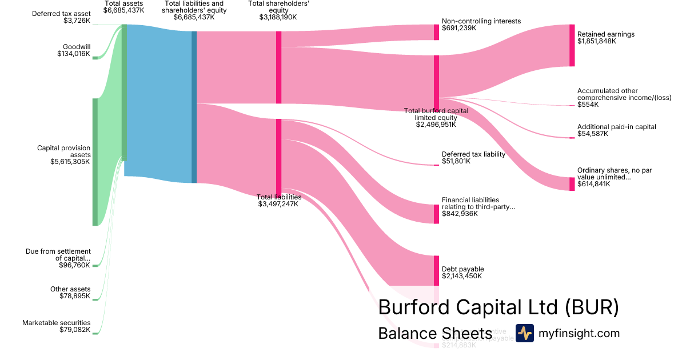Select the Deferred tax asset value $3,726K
[x=77, y=21]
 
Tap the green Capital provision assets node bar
[x=95, y=162]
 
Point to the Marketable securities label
[x=56, y=323]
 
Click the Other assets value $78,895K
[x=75, y=296]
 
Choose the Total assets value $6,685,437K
[x=123, y=10]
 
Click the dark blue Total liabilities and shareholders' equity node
[x=194, y=107]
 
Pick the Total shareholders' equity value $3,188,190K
[x=278, y=17]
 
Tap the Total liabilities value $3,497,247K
[x=278, y=204]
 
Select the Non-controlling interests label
[x=481, y=21]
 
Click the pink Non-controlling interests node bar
[x=436, y=33]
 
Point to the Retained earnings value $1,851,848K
[x=599, y=41]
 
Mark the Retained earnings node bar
[x=572, y=45]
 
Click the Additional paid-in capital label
[x=616, y=127]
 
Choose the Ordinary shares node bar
[x=572, y=184]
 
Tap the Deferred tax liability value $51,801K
[x=456, y=161]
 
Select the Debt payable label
[x=462, y=269]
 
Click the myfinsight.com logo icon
[x=524, y=333]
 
